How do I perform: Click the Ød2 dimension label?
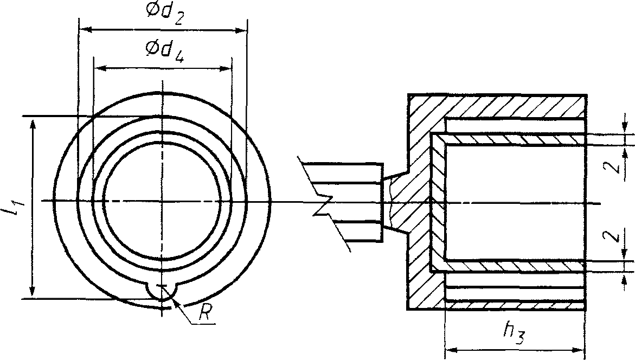[x=164, y=14]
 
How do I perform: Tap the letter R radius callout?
[x=206, y=313]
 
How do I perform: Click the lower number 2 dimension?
[x=617, y=236]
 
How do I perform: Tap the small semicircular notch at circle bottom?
[x=162, y=294]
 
